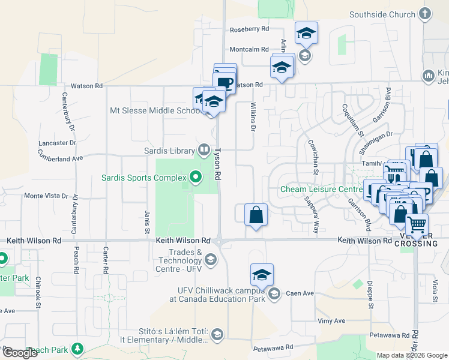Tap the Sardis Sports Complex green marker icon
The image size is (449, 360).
click(x=195, y=177)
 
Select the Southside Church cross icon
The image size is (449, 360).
click(x=425, y=14)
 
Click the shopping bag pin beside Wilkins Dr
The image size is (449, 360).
click(x=256, y=215)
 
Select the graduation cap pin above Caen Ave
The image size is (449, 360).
click(x=262, y=274)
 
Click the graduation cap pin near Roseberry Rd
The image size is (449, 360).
click(x=306, y=33)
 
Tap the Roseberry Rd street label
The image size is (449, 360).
click(x=249, y=29)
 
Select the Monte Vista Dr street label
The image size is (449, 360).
click(x=46, y=196)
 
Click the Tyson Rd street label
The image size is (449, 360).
click(x=218, y=164)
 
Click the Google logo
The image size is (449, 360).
click(x=20, y=353)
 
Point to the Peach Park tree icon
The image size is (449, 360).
click(x=77, y=349)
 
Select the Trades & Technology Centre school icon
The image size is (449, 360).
click(x=210, y=259)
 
